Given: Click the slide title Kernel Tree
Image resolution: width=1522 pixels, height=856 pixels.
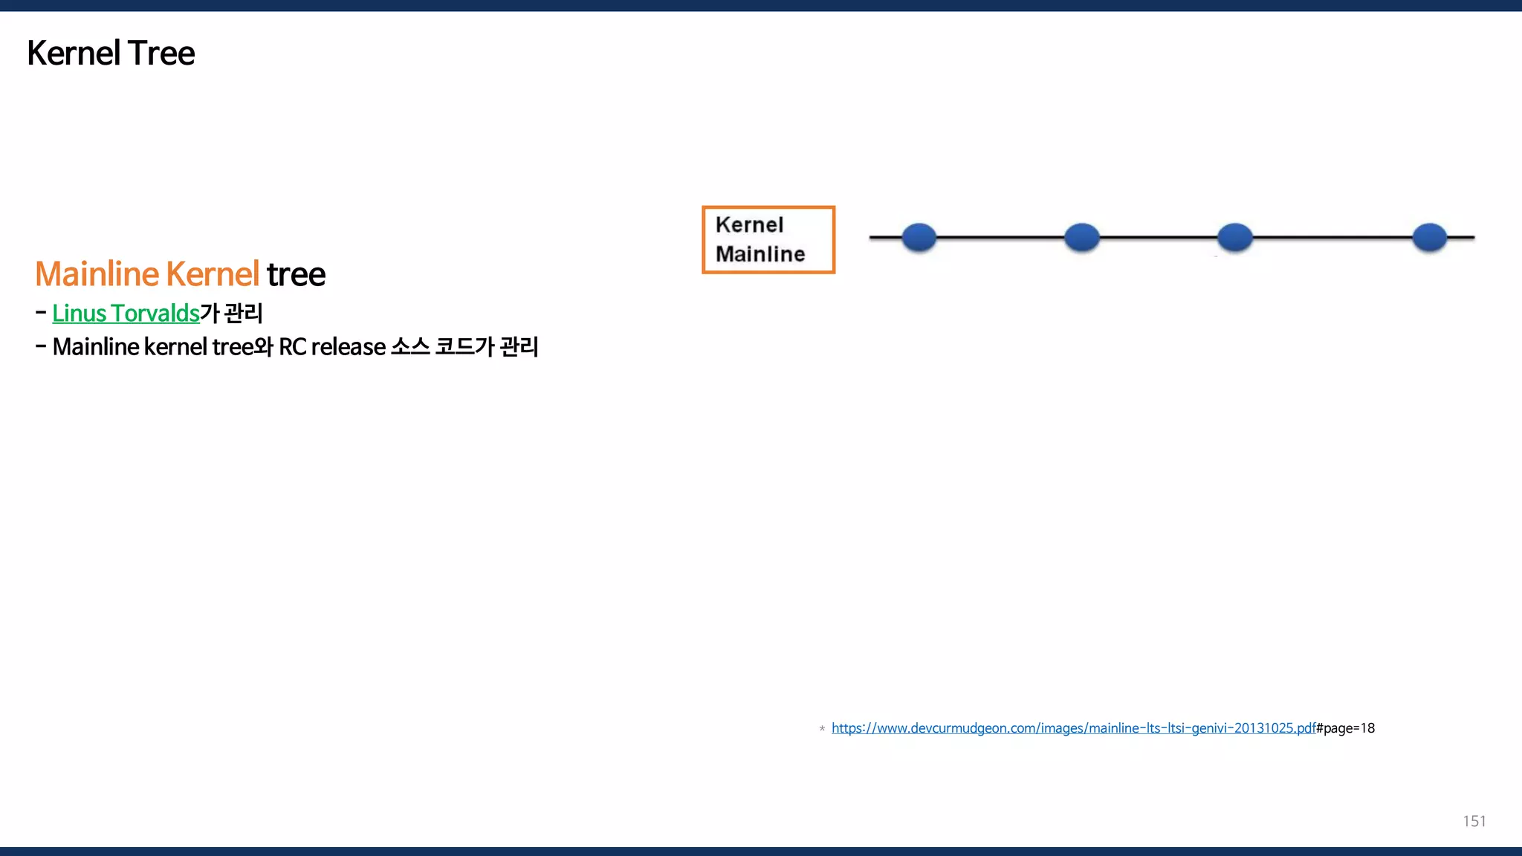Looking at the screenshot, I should [111, 53].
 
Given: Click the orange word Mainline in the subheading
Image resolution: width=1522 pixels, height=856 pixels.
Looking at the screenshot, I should [97, 274].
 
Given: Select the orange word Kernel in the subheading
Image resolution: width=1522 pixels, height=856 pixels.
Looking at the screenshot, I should [213, 274].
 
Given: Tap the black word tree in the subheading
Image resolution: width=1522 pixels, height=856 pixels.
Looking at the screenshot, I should [296, 275].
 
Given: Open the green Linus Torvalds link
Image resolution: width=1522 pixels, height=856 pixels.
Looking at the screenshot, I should [126, 314].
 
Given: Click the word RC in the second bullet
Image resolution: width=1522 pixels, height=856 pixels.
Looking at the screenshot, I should [292, 347].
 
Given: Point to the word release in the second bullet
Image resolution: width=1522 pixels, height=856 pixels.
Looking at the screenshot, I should [349, 347].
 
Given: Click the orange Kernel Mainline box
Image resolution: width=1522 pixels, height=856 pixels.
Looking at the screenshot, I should [768, 240].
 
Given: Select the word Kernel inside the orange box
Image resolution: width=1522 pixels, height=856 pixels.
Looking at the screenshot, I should [749, 225].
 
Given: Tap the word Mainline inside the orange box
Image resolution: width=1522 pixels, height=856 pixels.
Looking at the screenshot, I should [760, 254].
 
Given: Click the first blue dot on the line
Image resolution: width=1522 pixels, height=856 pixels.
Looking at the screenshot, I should [919, 238].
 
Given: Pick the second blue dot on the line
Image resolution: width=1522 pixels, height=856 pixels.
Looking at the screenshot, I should [1081, 238].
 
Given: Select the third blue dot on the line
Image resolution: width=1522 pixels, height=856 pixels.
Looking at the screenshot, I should [1235, 238].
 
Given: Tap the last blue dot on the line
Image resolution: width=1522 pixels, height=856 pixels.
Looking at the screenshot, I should [1429, 238].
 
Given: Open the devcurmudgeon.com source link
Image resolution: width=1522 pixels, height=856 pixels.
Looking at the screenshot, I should [1073, 728].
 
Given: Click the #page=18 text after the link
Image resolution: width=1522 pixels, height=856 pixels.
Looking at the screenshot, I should [1345, 728].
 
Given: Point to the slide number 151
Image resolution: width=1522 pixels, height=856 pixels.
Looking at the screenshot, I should [1474, 821].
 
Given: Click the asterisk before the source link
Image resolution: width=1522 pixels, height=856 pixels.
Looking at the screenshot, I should [822, 729].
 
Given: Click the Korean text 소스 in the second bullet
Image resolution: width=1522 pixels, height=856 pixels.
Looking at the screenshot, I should [410, 347].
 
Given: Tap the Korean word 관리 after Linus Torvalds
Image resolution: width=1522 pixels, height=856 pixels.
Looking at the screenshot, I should [243, 314].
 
